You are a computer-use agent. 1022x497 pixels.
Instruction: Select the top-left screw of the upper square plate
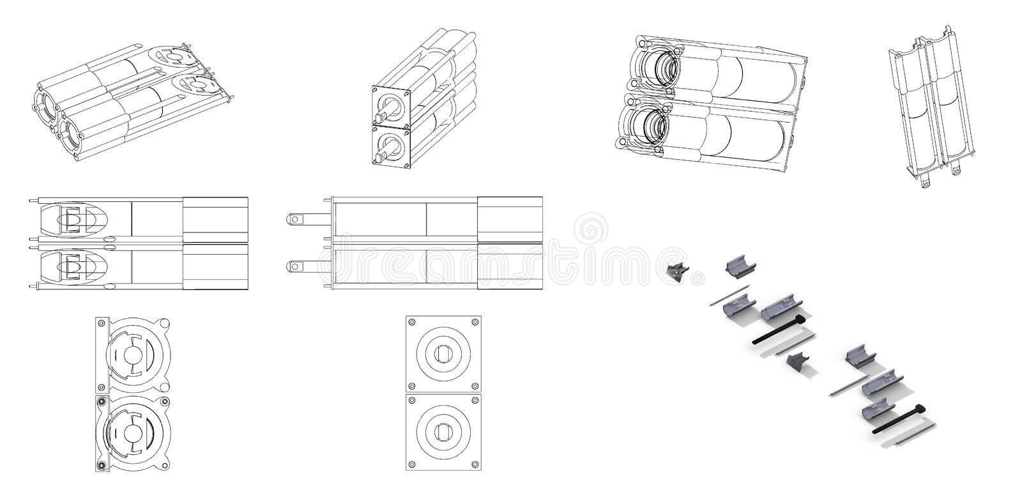[x=412, y=322]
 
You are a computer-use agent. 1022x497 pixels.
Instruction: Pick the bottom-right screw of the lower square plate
[x=475, y=464]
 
